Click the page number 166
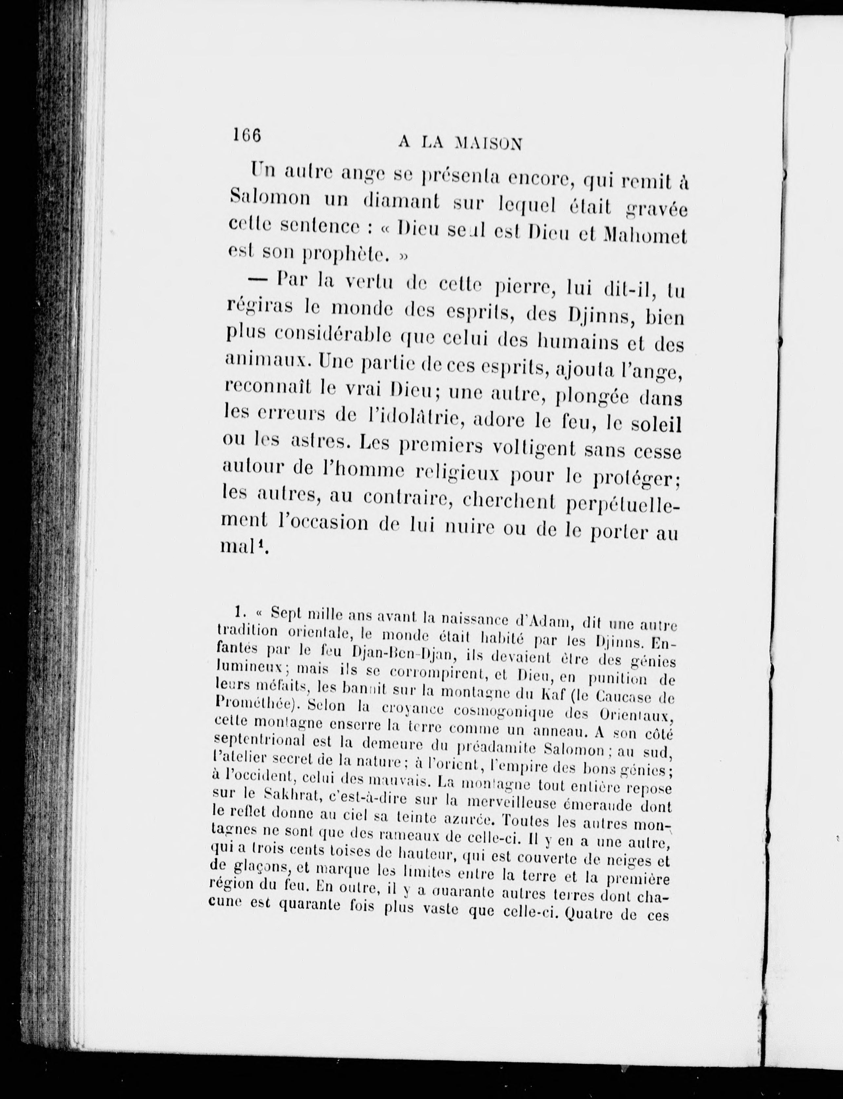pyautogui.click(x=247, y=136)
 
